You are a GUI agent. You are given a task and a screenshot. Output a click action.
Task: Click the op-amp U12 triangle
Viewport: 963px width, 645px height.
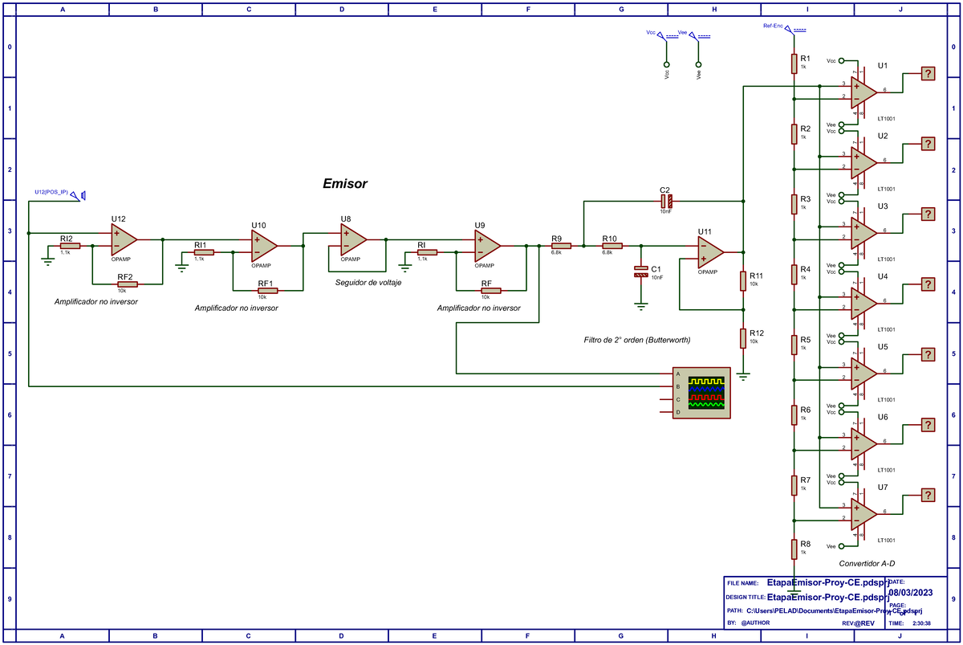(x=123, y=239)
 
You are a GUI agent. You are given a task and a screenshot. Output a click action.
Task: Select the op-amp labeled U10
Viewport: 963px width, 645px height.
(x=262, y=245)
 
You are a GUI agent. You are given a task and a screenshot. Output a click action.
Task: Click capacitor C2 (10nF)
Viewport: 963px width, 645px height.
(x=665, y=202)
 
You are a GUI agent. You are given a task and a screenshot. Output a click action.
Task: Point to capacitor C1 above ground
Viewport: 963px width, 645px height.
(x=640, y=271)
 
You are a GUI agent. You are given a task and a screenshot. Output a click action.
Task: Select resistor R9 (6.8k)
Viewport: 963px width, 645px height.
(x=560, y=246)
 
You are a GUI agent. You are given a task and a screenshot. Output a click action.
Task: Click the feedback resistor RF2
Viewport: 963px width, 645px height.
(x=126, y=284)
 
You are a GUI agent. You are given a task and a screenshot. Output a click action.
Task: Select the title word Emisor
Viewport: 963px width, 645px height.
(x=344, y=184)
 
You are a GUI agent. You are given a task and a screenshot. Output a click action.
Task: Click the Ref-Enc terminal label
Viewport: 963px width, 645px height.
(x=773, y=26)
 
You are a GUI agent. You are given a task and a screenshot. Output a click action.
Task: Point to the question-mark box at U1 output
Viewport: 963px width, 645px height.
(x=928, y=74)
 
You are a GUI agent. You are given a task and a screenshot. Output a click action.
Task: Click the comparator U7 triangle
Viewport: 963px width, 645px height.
(x=863, y=512)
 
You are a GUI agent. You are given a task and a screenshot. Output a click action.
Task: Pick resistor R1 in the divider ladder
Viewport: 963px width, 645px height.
(x=793, y=63)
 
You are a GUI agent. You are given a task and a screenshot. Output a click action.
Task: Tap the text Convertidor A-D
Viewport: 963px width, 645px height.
(x=867, y=564)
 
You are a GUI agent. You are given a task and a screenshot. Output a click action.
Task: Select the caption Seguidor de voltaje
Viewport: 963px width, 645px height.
(x=368, y=283)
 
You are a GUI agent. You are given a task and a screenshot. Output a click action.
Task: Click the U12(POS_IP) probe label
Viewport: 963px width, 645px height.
(x=51, y=192)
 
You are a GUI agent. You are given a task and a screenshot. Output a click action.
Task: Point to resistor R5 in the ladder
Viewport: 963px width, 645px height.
(x=793, y=344)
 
